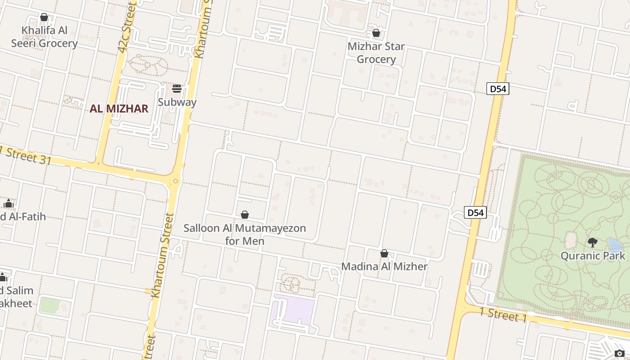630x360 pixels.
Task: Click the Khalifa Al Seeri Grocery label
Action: pyautogui.click(x=44, y=37)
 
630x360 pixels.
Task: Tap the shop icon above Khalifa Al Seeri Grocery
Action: pyautogui.click(x=44, y=18)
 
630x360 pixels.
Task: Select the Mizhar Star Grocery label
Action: pyautogui.click(x=376, y=53)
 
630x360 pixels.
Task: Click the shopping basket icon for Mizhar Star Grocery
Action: pyautogui.click(x=376, y=33)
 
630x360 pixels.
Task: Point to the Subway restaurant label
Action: pyautogui.click(x=177, y=102)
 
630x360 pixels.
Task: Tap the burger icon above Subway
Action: pyautogui.click(x=177, y=88)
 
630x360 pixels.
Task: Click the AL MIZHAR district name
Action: pyautogui.click(x=119, y=108)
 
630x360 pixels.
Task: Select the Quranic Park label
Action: pyautogui.click(x=593, y=256)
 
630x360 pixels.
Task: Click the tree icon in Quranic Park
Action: pyautogui.click(x=593, y=243)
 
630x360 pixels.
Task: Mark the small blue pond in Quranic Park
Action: pyautogui.click(x=615, y=245)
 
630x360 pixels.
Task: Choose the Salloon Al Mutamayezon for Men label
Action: pyautogui.click(x=245, y=234)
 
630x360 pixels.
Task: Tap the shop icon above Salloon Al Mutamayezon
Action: pyautogui.click(x=245, y=215)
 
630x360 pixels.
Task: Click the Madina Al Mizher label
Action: pyautogui.click(x=384, y=266)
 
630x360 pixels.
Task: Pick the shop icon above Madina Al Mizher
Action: pyautogui.click(x=384, y=253)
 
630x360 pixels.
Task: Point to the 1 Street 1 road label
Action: pyautogui.click(x=503, y=315)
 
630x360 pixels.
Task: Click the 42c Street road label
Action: pyautogui.click(x=126, y=27)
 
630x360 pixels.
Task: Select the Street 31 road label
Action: pyautogui.click(x=26, y=154)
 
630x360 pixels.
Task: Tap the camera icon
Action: pyautogui.click(x=620, y=354)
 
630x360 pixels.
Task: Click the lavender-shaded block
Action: pyautogui.click(x=293, y=311)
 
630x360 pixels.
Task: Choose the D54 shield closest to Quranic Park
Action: pyautogui.click(x=475, y=212)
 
